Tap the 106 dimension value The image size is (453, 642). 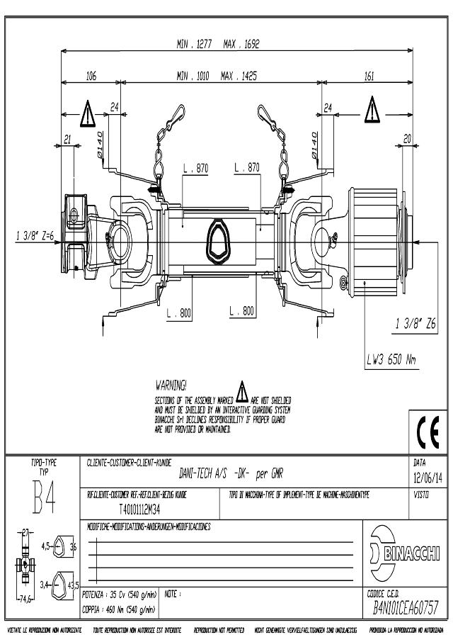tap(91, 76)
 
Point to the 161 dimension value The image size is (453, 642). tap(369, 76)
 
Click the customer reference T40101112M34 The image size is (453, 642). tap(139, 507)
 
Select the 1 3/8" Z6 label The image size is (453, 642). tap(415, 325)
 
